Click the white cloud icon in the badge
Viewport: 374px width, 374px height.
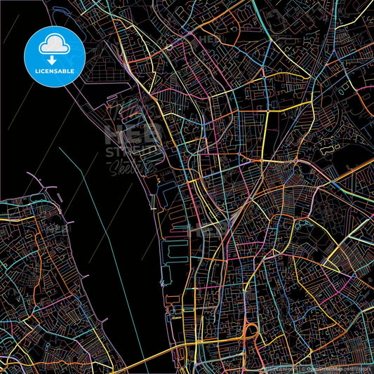point(55,44)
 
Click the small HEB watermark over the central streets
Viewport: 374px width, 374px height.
point(211,228)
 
